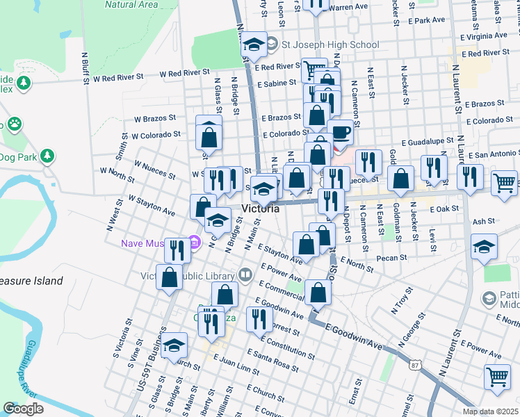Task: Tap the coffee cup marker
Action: point(339,132)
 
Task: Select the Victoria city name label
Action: point(261,208)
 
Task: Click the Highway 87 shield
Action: point(414,365)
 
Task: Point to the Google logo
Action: point(23,409)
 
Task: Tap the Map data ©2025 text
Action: point(490,411)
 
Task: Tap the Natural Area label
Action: point(131,4)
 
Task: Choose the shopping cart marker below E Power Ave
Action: point(497,377)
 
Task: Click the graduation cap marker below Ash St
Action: point(485,247)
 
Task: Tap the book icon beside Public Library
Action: point(245,275)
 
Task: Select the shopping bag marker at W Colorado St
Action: point(209,138)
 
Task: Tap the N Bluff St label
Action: point(86,67)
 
